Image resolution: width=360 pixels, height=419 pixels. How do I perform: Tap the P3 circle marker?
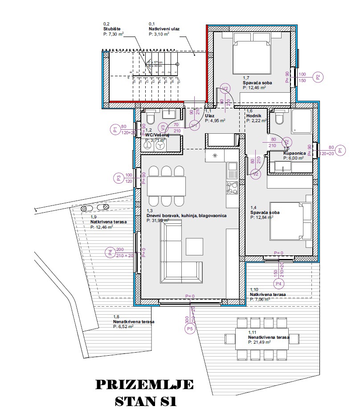(119, 178)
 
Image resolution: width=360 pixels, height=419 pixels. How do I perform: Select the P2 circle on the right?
(318, 77)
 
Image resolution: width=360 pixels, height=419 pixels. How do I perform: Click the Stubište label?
(112, 29)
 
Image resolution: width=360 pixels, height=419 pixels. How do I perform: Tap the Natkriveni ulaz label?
(164, 29)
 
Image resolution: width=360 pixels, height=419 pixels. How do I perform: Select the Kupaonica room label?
(295, 153)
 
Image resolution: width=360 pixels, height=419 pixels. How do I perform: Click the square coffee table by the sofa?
(194, 246)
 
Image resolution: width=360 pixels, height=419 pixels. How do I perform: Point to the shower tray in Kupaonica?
(303, 121)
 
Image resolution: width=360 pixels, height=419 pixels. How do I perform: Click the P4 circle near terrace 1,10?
(279, 283)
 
